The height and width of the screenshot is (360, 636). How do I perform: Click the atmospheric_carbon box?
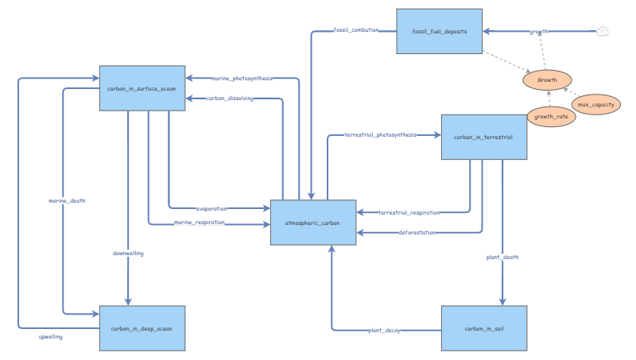coord(312,223)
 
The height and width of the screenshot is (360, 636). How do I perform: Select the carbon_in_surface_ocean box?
coord(142,88)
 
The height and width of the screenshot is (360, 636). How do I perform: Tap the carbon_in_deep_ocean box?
coord(142,327)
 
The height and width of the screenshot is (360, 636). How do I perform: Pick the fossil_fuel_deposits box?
coord(439,32)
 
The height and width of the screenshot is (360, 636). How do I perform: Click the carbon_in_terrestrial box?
coord(483,137)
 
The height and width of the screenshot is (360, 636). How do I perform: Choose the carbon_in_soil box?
coord(483,327)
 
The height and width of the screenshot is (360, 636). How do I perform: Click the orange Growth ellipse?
coord(547,80)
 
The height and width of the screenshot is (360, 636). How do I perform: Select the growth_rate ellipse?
coord(550,116)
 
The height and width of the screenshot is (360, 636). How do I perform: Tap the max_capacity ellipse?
coord(595,104)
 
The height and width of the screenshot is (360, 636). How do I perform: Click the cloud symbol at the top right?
coord(603,32)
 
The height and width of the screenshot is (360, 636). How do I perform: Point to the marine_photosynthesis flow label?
coord(242,78)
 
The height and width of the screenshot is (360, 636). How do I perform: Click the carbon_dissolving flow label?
coord(230,99)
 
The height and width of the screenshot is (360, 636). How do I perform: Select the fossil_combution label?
coord(355,30)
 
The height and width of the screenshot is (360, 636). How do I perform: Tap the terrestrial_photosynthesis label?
coord(380,135)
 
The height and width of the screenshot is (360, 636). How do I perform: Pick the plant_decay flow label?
coord(384,329)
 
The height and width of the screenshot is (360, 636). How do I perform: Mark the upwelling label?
coord(51,337)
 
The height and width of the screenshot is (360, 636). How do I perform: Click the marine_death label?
coord(67,200)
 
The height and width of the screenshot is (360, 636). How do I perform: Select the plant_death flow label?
coord(502,257)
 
